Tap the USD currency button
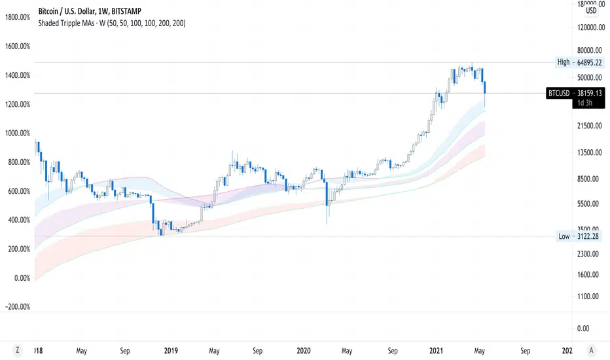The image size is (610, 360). point(591,10)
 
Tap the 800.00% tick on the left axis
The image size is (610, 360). point(19,162)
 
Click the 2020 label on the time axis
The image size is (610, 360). point(304,350)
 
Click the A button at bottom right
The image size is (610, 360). point(592,350)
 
